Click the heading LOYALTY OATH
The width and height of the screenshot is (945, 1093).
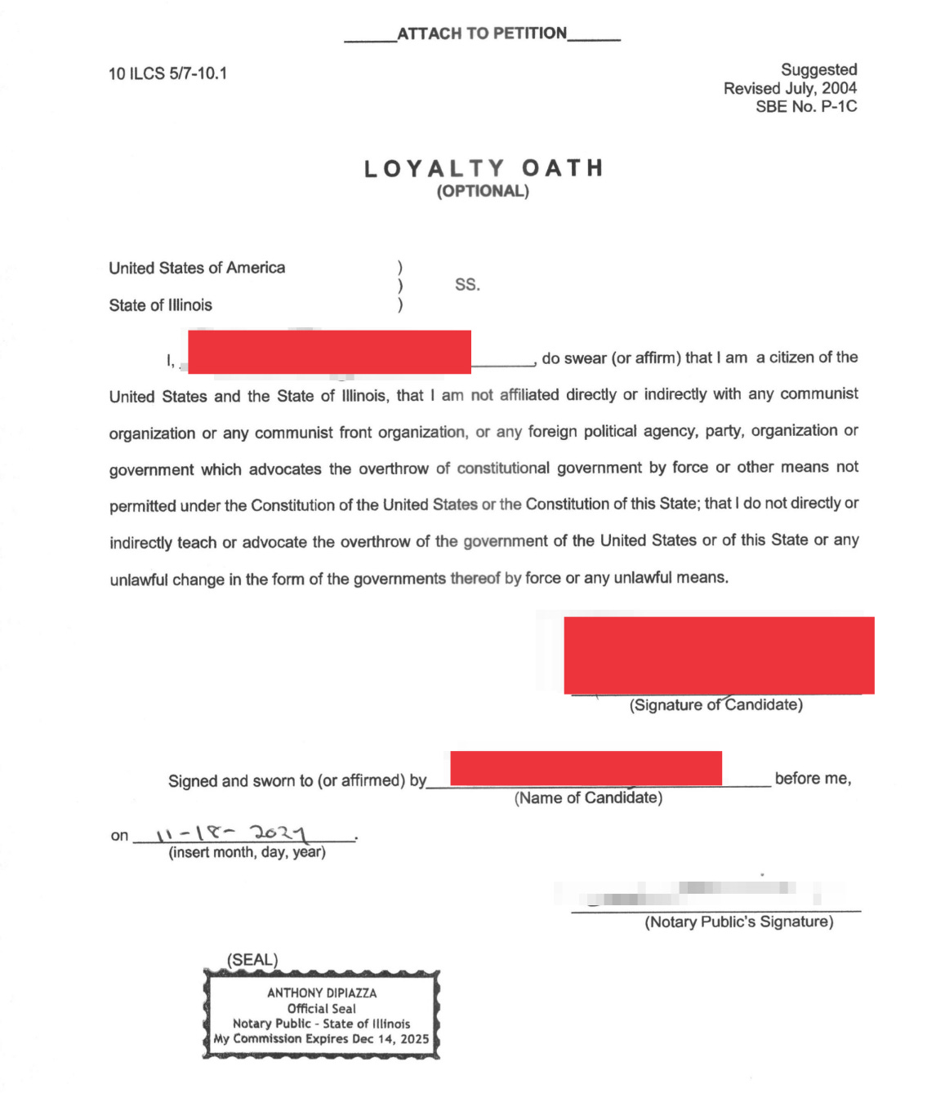click(x=483, y=169)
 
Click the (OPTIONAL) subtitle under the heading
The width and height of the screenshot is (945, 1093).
click(x=483, y=191)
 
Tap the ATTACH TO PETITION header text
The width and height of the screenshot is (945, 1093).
click(x=482, y=33)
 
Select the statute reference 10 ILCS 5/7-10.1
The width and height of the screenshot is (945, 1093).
click(x=168, y=73)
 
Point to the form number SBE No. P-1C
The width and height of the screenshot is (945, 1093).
click(x=806, y=106)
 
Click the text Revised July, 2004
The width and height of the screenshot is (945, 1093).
click(x=790, y=88)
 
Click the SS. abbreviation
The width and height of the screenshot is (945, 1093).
click(x=467, y=285)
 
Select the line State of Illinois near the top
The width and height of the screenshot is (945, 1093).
click(x=161, y=305)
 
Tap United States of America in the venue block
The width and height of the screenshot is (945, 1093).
click(x=197, y=268)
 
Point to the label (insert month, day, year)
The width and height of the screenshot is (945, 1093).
click(x=247, y=852)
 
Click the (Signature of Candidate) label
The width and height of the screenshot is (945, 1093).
click(x=715, y=704)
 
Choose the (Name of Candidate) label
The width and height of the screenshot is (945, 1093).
click(x=588, y=798)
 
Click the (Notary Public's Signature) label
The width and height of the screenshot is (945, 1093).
click(x=739, y=922)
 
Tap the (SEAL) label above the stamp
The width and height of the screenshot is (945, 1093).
click(x=252, y=960)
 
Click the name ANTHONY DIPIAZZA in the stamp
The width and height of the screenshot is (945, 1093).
click(x=322, y=993)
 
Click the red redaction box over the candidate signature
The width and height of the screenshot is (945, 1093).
click(x=719, y=655)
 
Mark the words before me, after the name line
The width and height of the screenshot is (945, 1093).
click(x=813, y=779)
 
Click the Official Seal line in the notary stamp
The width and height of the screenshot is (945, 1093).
click(x=322, y=1008)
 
